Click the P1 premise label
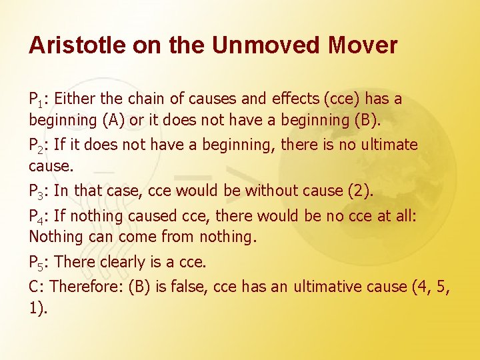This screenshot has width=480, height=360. pos(37,101)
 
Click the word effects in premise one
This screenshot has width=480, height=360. pos(295,99)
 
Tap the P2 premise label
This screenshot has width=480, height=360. pos(37,146)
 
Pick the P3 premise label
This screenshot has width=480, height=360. pos(37,192)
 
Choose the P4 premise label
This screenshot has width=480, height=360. pos(37,217)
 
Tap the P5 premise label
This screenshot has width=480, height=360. pos(37,263)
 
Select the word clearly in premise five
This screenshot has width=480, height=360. pos(126,262)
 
